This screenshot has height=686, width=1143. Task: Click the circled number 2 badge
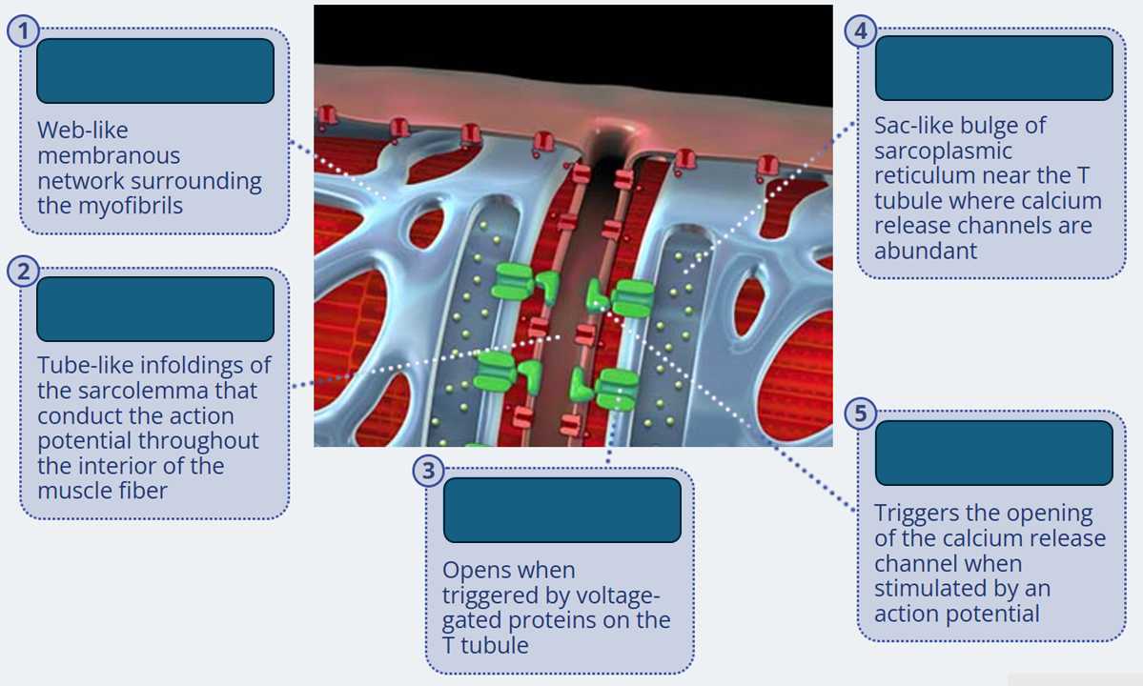(23, 272)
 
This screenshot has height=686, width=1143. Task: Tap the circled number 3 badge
(429, 471)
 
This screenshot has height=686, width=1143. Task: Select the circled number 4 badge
(861, 31)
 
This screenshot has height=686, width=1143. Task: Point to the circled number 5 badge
(861, 415)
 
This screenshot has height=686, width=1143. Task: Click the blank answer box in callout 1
(155, 71)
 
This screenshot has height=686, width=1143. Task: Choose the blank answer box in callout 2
(155, 310)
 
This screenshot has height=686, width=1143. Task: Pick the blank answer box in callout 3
(561, 511)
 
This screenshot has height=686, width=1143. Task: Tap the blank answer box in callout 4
(993, 69)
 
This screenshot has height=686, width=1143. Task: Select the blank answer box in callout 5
(993, 454)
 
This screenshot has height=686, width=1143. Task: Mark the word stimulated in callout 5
(929, 589)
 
